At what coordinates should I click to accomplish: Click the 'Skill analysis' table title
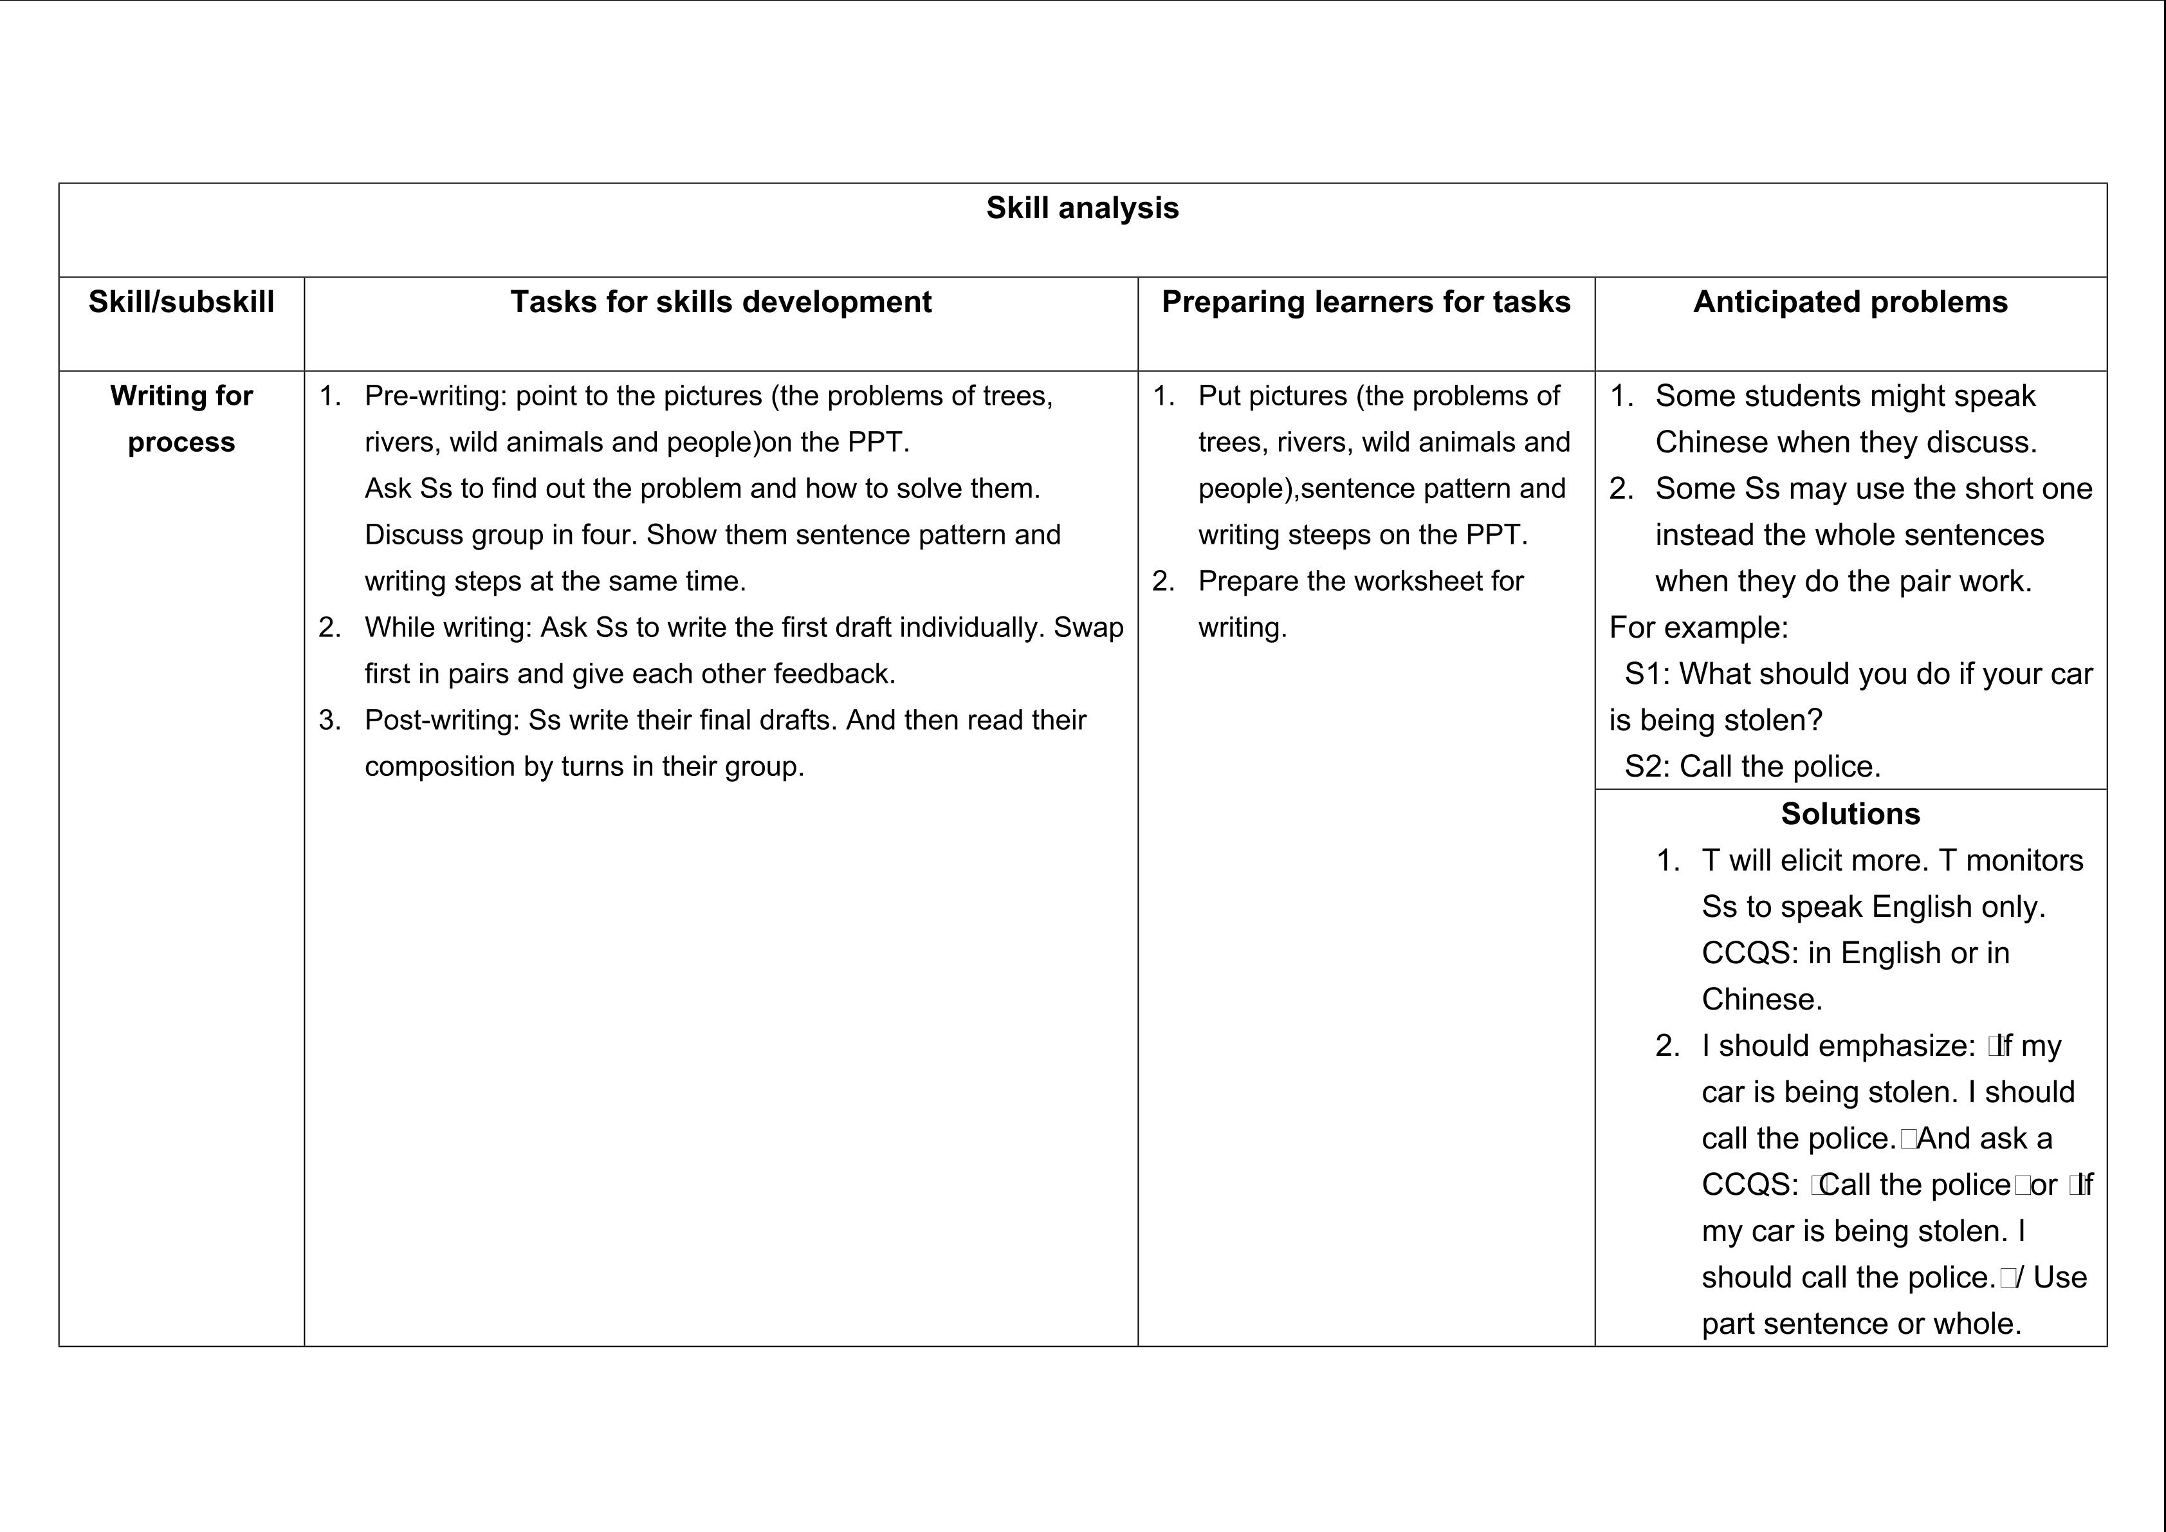tap(1082, 208)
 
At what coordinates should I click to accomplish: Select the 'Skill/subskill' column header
tap(181, 302)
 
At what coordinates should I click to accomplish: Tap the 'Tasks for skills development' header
tap(720, 302)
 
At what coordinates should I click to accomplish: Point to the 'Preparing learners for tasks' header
tap(1366, 302)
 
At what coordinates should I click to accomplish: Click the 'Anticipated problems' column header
tap(1850, 302)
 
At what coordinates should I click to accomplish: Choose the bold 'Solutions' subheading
tap(1850, 814)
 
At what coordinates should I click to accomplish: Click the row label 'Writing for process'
tap(181, 418)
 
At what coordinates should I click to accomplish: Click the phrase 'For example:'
tap(1698, 627)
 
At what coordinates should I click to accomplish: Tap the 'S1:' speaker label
tap(1646, 674)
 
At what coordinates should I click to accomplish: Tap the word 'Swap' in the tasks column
tap(1088, 627)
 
